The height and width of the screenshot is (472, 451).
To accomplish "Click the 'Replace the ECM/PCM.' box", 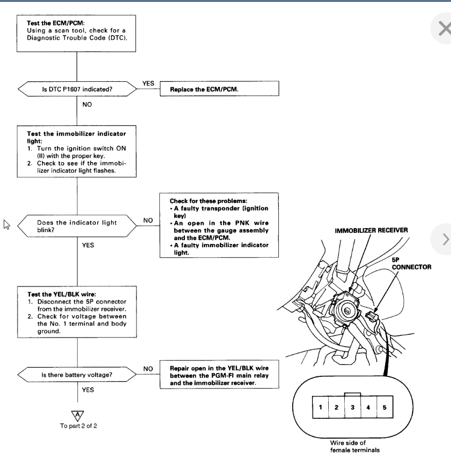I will pos(219,89).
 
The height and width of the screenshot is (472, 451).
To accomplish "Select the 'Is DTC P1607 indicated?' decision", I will pos(77,89).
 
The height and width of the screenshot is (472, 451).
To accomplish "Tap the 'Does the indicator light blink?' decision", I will pos(77,225).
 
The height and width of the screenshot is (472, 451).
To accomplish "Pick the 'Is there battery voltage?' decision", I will pos(77,375).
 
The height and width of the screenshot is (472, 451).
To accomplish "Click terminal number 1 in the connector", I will pos(321,408).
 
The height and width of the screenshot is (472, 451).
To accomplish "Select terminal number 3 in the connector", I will pos(353,408).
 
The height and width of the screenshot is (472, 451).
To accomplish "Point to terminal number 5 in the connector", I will pos(385,408).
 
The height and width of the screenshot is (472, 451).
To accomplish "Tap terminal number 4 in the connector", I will pos(369,408).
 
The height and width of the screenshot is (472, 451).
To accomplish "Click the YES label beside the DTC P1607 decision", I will pos(149,83).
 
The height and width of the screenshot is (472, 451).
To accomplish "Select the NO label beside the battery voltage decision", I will pos(149,368).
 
